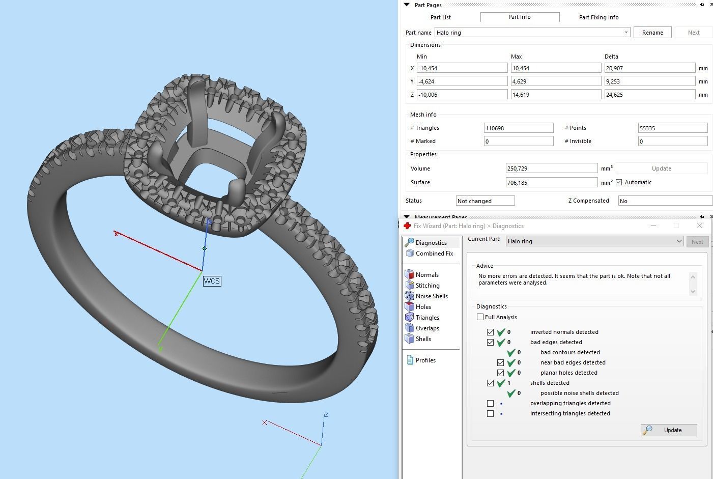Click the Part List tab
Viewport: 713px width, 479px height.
click(440, 17)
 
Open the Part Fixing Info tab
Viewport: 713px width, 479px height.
click(598, 17)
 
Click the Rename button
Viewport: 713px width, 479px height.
click(652, 33)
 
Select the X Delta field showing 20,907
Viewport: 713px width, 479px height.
click(649, 68)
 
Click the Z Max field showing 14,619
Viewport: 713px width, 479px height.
click(556, 95)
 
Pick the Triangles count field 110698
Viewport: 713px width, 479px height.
click(518, 128)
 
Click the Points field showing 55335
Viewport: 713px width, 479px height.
click(672, 128)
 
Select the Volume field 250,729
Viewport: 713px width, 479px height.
click(551, 168)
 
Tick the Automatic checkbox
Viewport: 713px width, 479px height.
click(619, 182)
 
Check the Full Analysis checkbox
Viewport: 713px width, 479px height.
click(480, 317)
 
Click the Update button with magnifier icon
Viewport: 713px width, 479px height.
click(668, 430)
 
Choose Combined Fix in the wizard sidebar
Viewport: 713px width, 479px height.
click(434, 253)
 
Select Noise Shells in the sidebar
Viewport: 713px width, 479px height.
click(431, 296)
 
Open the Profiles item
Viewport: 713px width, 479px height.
click(425, 360)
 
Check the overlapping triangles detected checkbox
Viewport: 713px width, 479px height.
click(490, 404)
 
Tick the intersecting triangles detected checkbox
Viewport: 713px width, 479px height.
click(490, 414)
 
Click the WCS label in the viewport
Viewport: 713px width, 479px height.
click(212, 281)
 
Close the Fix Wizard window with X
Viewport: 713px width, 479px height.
click(699, 226)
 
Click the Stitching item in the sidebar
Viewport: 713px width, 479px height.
click(427, 286)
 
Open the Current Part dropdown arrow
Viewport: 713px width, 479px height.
click(679, 241)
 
